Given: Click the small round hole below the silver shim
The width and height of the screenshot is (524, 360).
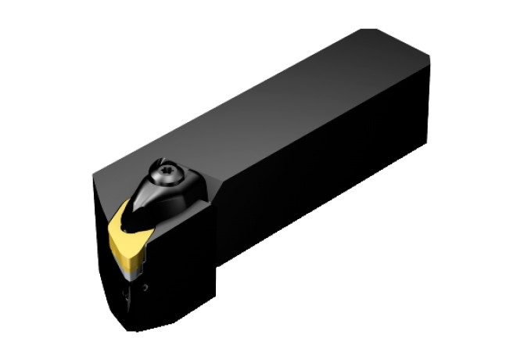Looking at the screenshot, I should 145,289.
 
